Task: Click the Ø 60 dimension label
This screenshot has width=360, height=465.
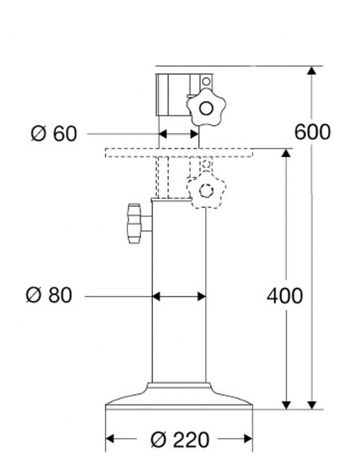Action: [x=53, y=133]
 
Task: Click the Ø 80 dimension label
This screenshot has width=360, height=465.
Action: [x=49, y=296]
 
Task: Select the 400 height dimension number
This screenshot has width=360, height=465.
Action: [x=284, y=296]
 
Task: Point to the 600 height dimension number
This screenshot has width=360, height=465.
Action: [x=312, y=131]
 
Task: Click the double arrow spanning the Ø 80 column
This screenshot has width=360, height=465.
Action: [x=179, y=296]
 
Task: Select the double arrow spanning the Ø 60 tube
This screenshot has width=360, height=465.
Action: [x=178, y=133]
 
